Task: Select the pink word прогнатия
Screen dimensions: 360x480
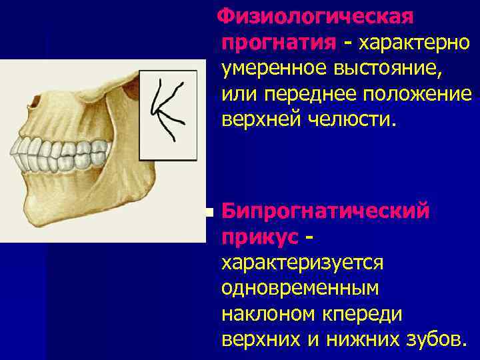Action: tap(279, 42)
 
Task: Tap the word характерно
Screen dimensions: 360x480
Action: tap(415, 42)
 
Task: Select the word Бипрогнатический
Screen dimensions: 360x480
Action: tap(325, 211)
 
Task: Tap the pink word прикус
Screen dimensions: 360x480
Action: tap(256, 237)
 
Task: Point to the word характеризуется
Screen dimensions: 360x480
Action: tap(302, 262)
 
